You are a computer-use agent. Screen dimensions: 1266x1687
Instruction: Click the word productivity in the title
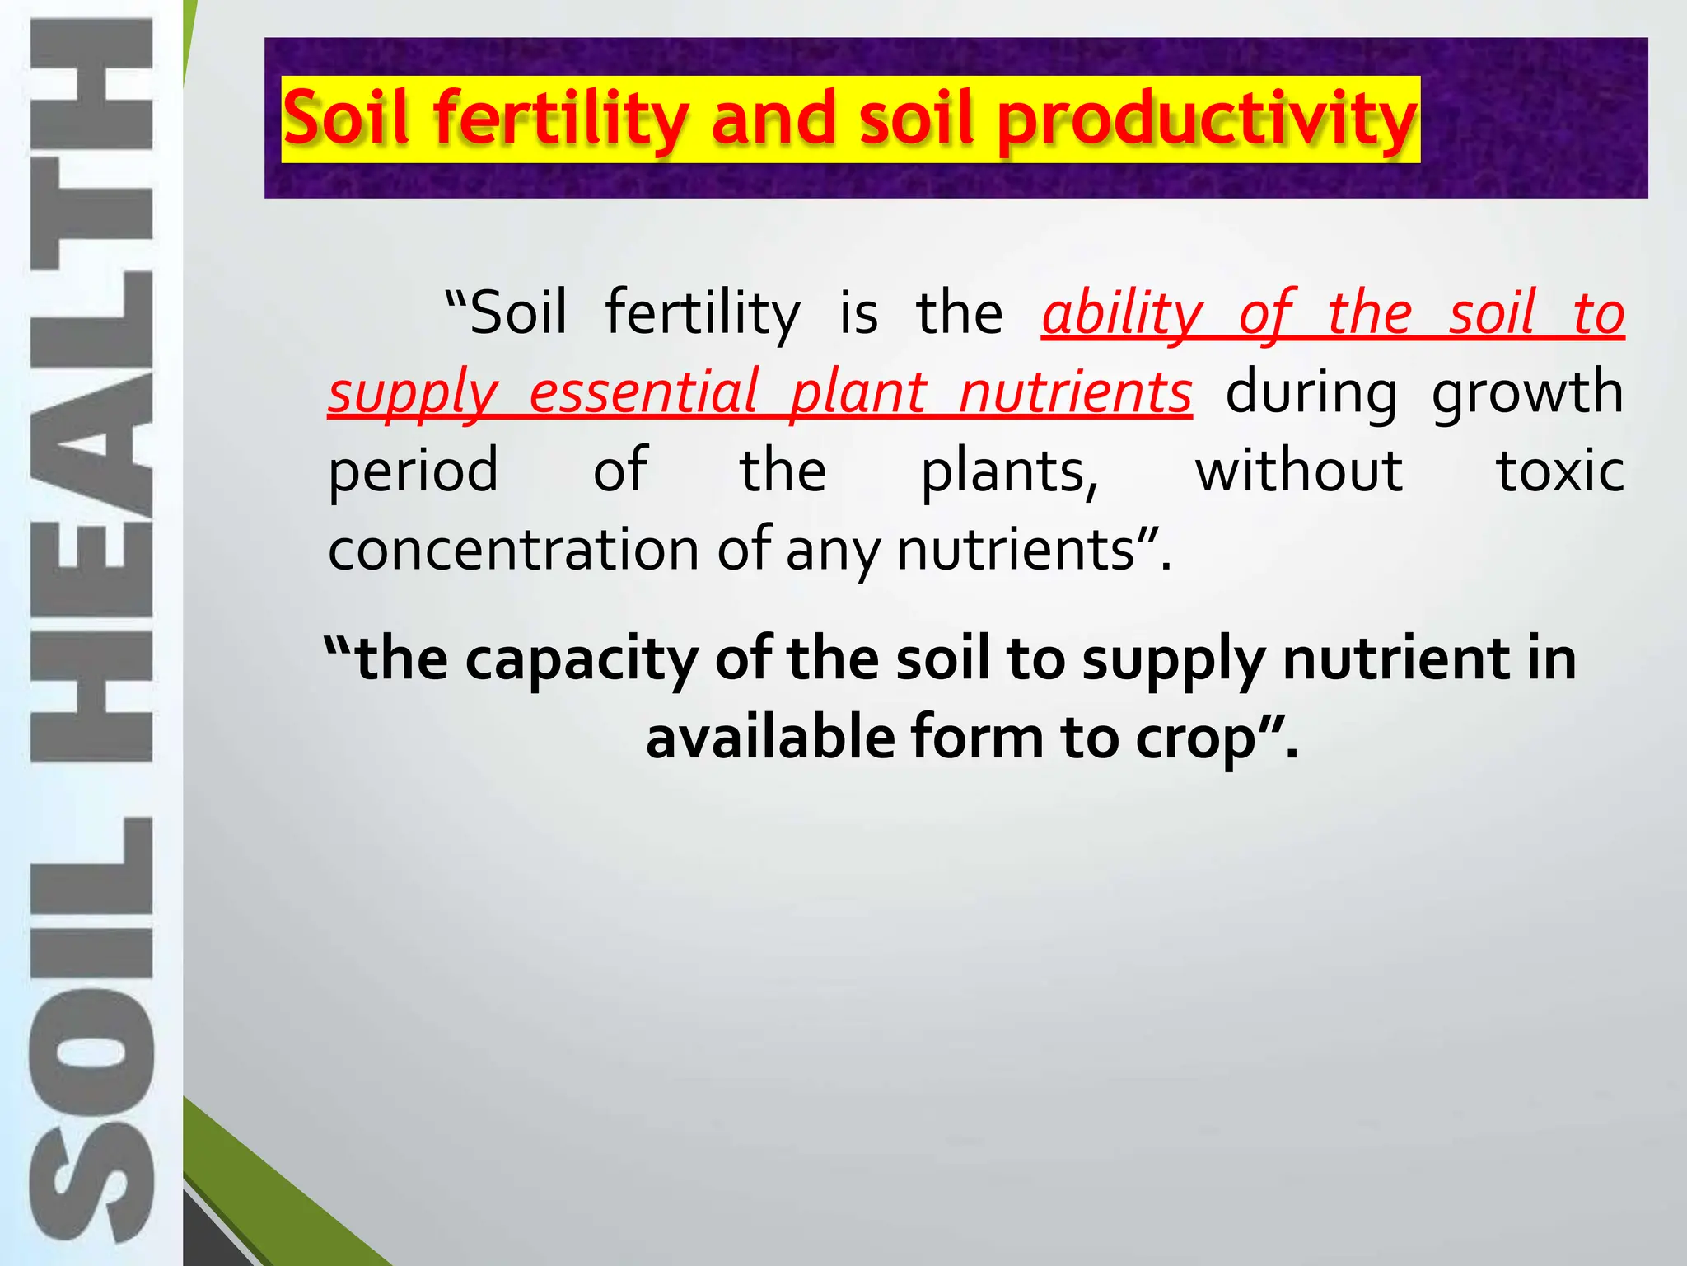tap(1207, 120)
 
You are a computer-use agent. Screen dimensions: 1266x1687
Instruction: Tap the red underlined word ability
tap(1123, 314)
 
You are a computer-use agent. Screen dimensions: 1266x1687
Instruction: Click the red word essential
tap(643, 393)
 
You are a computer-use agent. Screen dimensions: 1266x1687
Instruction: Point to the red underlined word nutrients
tap(1075, 393)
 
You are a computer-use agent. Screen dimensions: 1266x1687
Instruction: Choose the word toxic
tap(1559, 471)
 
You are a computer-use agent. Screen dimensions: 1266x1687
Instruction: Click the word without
tap(1298, 471)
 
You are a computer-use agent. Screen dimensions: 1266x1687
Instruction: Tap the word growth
tap(1527, 393)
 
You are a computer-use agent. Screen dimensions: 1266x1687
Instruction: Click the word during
tap(1311, 393)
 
